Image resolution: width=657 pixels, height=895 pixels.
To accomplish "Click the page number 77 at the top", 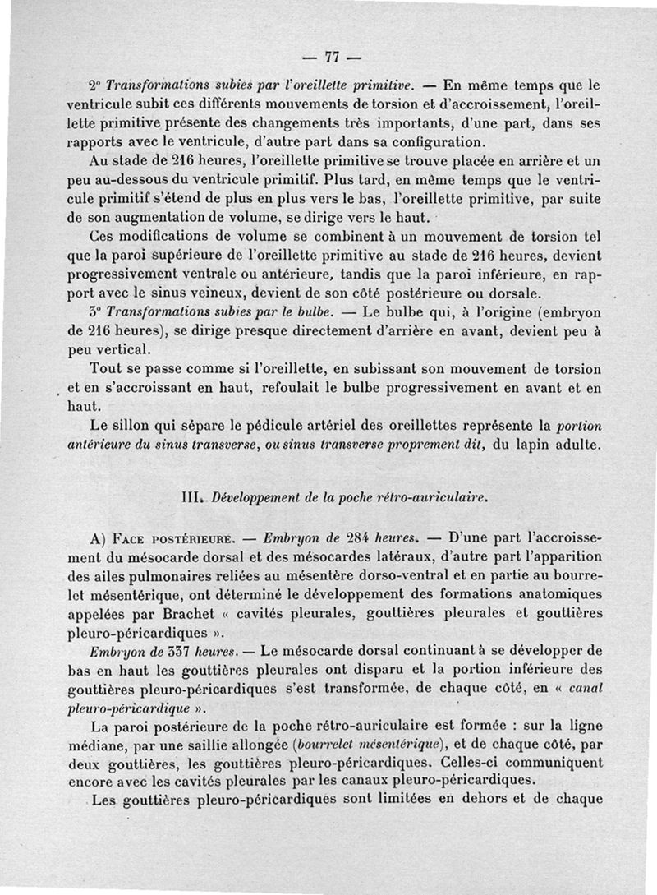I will point(332,58).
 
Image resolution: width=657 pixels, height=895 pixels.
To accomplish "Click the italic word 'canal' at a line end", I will point(584,689).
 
